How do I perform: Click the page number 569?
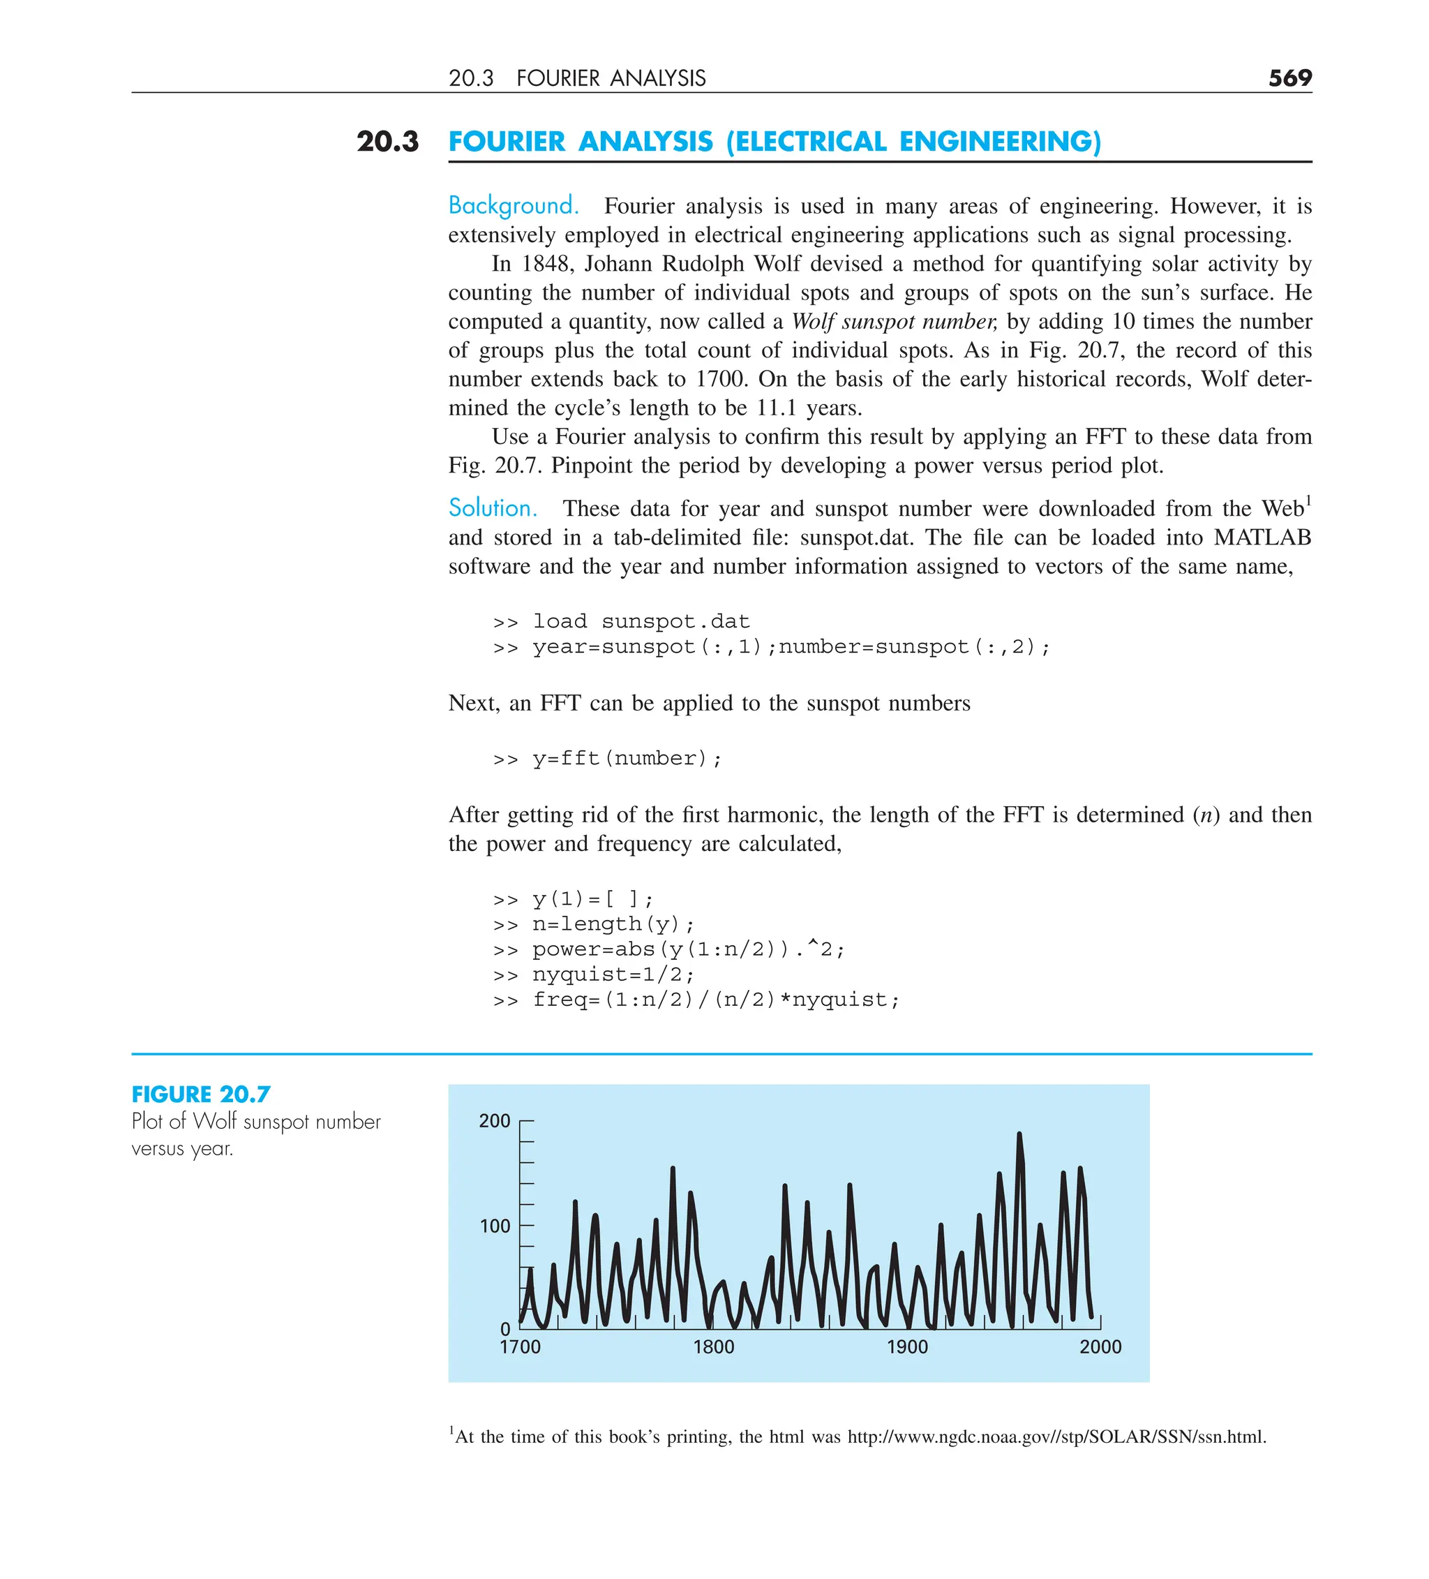click(1289, 77)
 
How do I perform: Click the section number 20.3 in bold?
click(387, 142)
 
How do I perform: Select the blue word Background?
click(513, 206)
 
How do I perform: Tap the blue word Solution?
click(493, 508)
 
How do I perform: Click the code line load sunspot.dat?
click(641, 621)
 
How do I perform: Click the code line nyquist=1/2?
click(613, 974)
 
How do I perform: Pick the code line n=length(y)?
click(613, 924)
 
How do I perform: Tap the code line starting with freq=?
click(716, 1000)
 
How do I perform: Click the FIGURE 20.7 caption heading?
click(201, 1094)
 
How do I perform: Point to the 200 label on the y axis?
click(494, 1121)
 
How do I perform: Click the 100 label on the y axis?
click(494, 1226)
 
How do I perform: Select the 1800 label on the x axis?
click(713, 1347)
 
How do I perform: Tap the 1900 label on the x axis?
click(906, 1347)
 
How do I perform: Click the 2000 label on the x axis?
click(1100, 1347)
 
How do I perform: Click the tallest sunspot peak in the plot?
click(1019, 1135)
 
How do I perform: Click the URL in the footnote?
click(1056, 1437)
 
